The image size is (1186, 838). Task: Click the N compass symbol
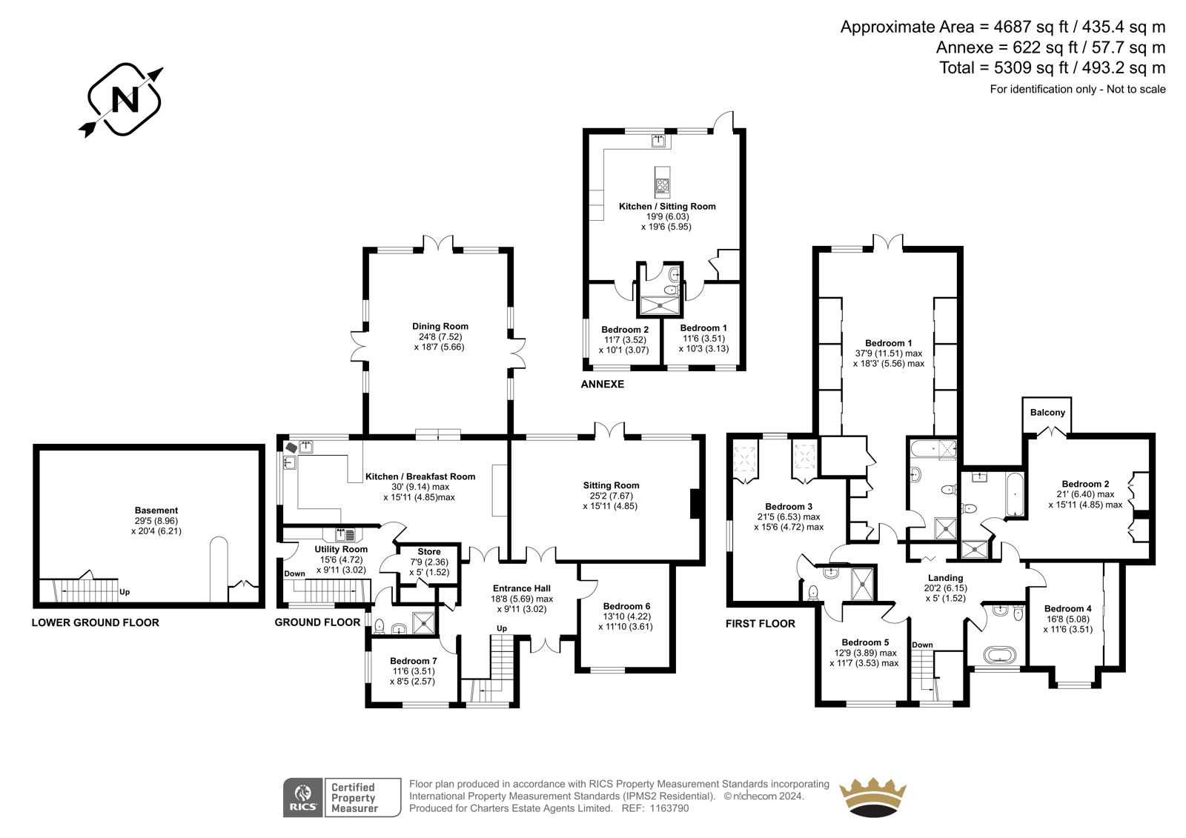coord(125,99)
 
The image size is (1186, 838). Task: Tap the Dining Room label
coord(440,326)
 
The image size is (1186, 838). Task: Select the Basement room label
coord(156,511)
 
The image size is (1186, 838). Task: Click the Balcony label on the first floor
coord(1047,413)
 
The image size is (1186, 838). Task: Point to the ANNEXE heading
coord(603,384)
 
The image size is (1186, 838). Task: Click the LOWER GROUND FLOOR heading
coord(96,622)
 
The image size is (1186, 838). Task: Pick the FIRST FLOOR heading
coord(761,624)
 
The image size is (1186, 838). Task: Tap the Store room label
coord(429,551)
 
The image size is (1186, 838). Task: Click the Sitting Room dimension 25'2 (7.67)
coord(612,496)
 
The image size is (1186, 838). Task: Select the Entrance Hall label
coord(522,588)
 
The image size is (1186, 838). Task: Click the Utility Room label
coord(341,549)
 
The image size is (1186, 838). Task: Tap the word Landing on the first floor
coord(945,577)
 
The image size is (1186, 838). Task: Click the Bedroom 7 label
coord(414,661)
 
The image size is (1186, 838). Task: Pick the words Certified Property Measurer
coord(354,798)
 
